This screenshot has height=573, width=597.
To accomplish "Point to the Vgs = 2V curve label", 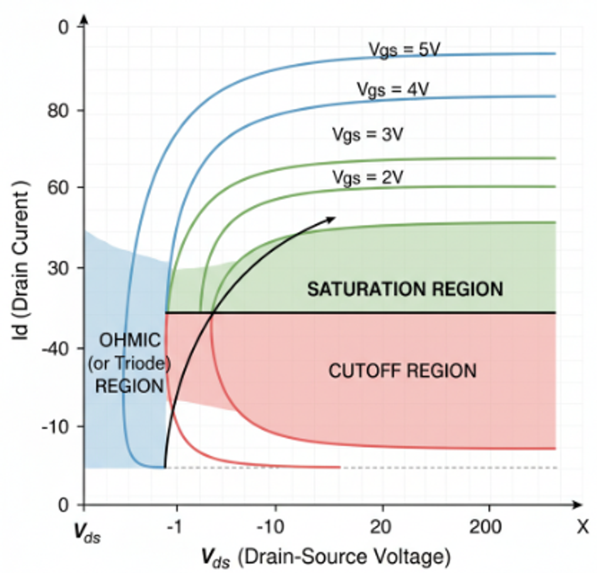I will coord(368,178).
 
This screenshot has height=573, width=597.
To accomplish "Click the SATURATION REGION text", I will coord(405,289).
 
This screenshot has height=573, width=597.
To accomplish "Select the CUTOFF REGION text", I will coord(402,371).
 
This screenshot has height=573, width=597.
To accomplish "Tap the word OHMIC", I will coord(130,340).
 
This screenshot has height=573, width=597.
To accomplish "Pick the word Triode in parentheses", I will coord(143,363).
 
